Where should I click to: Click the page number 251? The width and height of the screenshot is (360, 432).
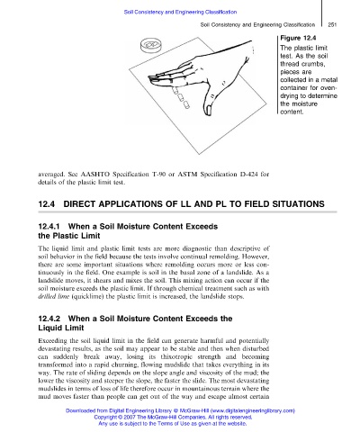[332, 24]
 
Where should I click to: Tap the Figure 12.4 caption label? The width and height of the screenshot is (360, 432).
[298, 38]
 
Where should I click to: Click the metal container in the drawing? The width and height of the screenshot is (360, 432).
[151, 45]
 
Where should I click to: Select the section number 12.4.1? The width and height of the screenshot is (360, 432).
[49, 226]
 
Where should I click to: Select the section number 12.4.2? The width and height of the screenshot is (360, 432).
[49, 319]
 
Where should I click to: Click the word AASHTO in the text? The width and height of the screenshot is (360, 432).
[95, 174]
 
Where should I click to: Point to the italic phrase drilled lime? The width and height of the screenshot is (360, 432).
[53, 296]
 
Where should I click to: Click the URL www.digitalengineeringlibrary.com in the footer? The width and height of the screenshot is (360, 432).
[253, 410]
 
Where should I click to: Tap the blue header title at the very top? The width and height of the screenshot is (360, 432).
[180, 12]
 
